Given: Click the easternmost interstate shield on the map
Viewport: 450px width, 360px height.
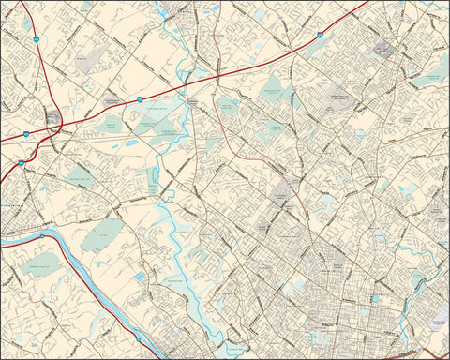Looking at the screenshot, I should click(319, 34).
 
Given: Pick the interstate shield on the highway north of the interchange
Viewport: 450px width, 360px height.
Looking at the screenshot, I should click(35, 40).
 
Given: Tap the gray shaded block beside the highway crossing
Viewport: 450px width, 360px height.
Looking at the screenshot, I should click(53, 119).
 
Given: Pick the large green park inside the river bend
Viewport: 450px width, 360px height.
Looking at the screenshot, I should click(102, 234).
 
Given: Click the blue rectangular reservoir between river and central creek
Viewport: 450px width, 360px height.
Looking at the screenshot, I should click(141, 278).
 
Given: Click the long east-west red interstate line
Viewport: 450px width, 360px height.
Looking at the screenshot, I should click(234, 70).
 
